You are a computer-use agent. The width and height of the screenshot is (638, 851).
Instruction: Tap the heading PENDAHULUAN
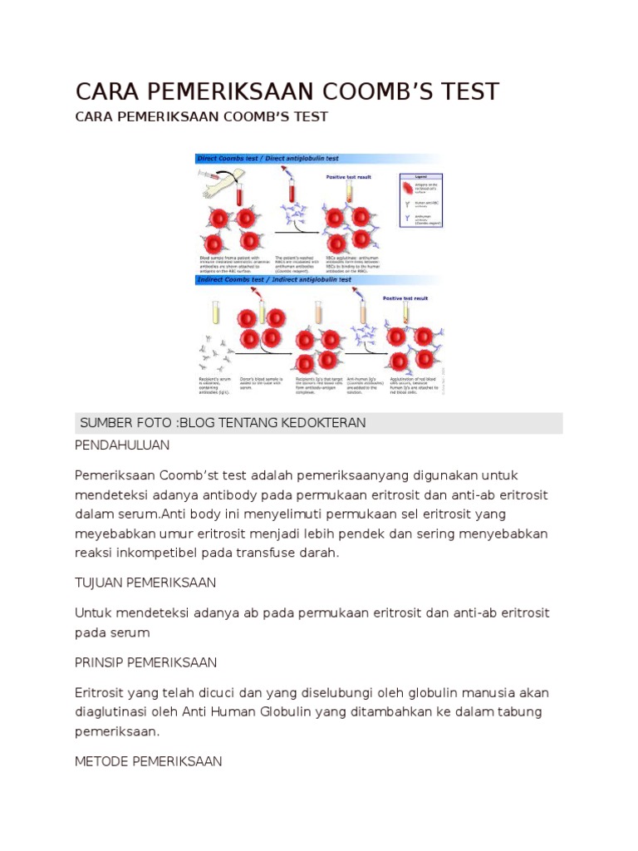click(122, 445)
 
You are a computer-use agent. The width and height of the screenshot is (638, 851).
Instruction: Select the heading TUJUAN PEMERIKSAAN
click(145, 583)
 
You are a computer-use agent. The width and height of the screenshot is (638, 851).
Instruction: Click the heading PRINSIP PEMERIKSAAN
click(145, 662)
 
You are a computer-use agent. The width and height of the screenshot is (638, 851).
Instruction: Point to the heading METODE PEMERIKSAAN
click(148, 760)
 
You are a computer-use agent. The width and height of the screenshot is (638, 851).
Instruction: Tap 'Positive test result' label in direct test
click(349, 177)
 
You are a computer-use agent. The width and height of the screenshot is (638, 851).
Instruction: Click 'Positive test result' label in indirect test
click(405, 298)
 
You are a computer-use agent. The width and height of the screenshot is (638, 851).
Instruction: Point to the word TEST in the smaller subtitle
click(311, 116)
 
